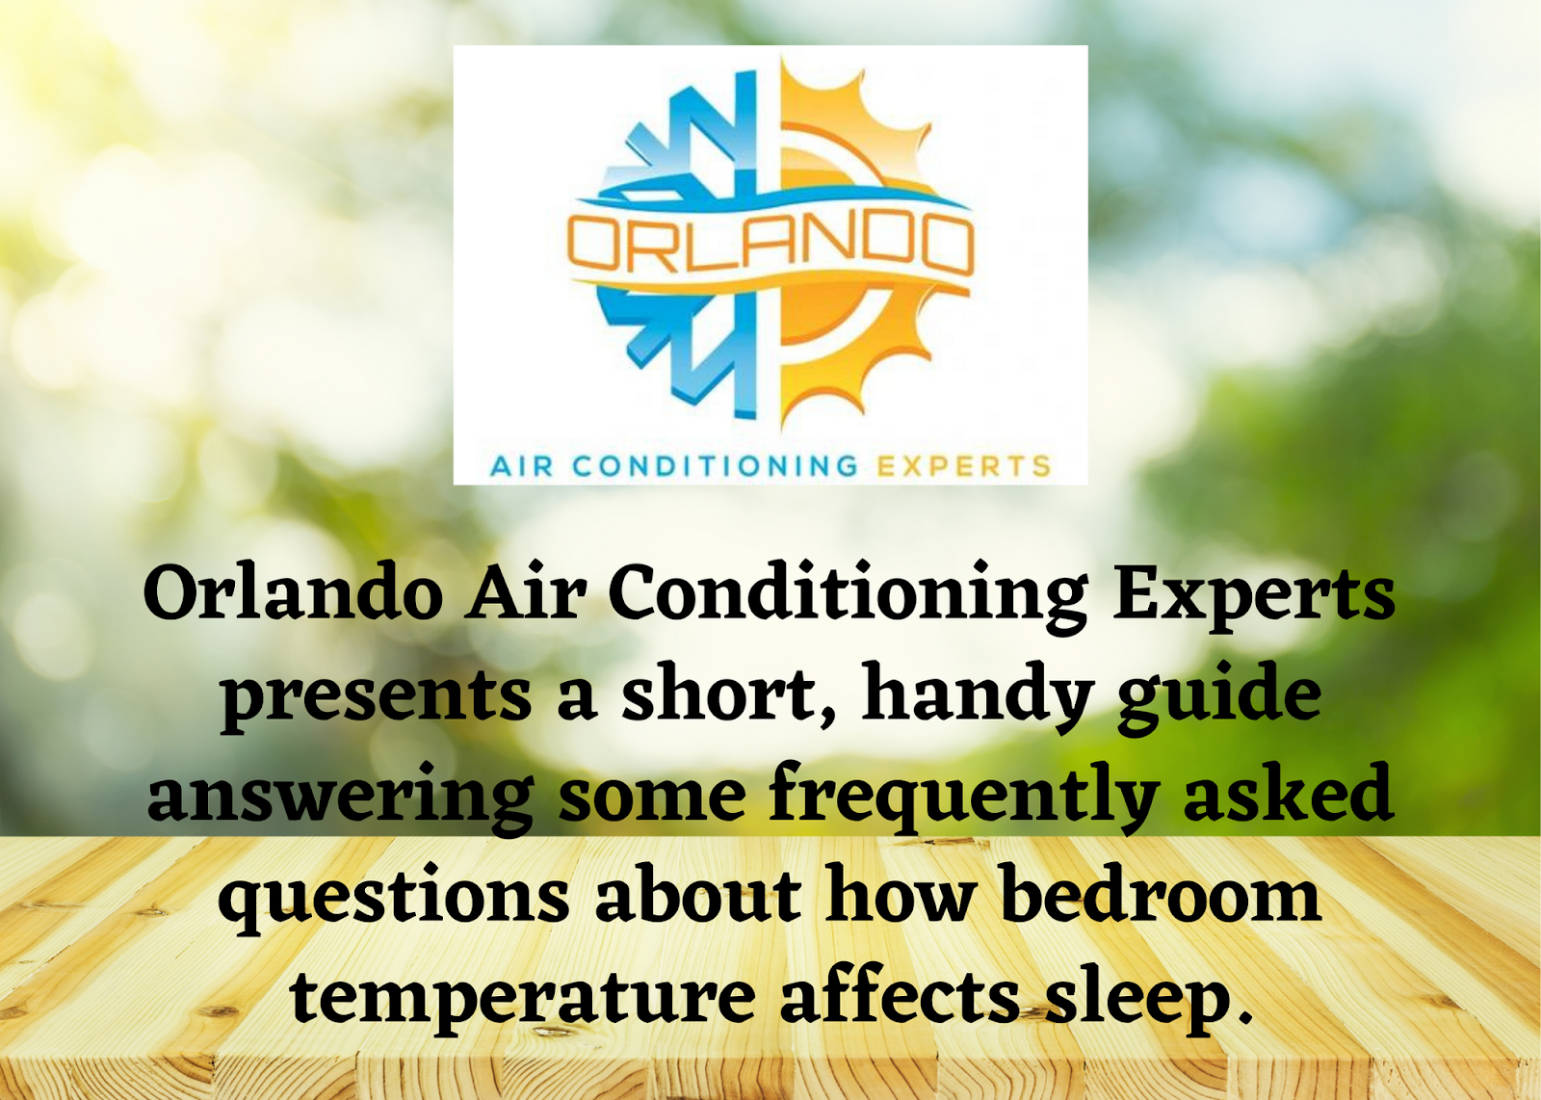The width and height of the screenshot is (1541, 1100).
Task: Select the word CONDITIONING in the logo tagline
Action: tap(715, 466)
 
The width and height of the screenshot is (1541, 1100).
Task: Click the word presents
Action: tap(377, 699)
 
